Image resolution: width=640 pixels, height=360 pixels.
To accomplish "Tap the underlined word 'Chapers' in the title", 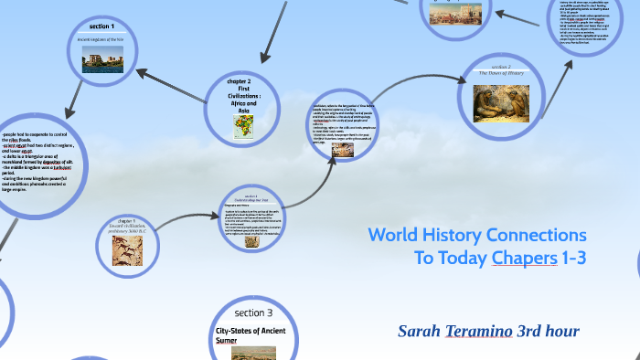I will (x=524, y=258).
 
